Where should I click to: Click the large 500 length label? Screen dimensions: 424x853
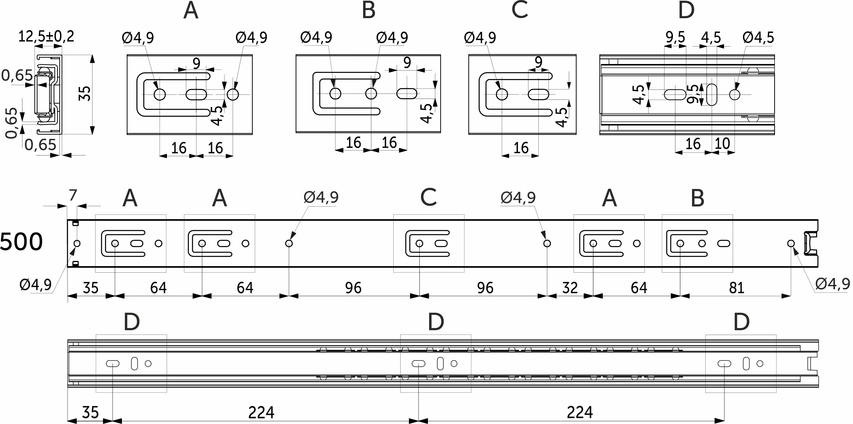[x=21, y=242]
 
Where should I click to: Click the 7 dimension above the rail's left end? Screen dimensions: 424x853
[x=73, y=195]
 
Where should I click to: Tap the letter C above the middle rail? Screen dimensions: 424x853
[x=428, y=198]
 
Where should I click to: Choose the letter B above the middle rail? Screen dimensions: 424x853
[x=697, y=199]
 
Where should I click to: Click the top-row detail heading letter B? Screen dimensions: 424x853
[x=369, y=10]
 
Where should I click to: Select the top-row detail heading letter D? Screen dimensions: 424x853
[x=686, y=10]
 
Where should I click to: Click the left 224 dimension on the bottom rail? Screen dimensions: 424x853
[x=261, y=412]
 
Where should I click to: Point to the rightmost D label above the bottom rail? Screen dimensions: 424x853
[x=741, y=322]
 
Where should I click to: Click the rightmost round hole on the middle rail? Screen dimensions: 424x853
[x=791, y=244]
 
